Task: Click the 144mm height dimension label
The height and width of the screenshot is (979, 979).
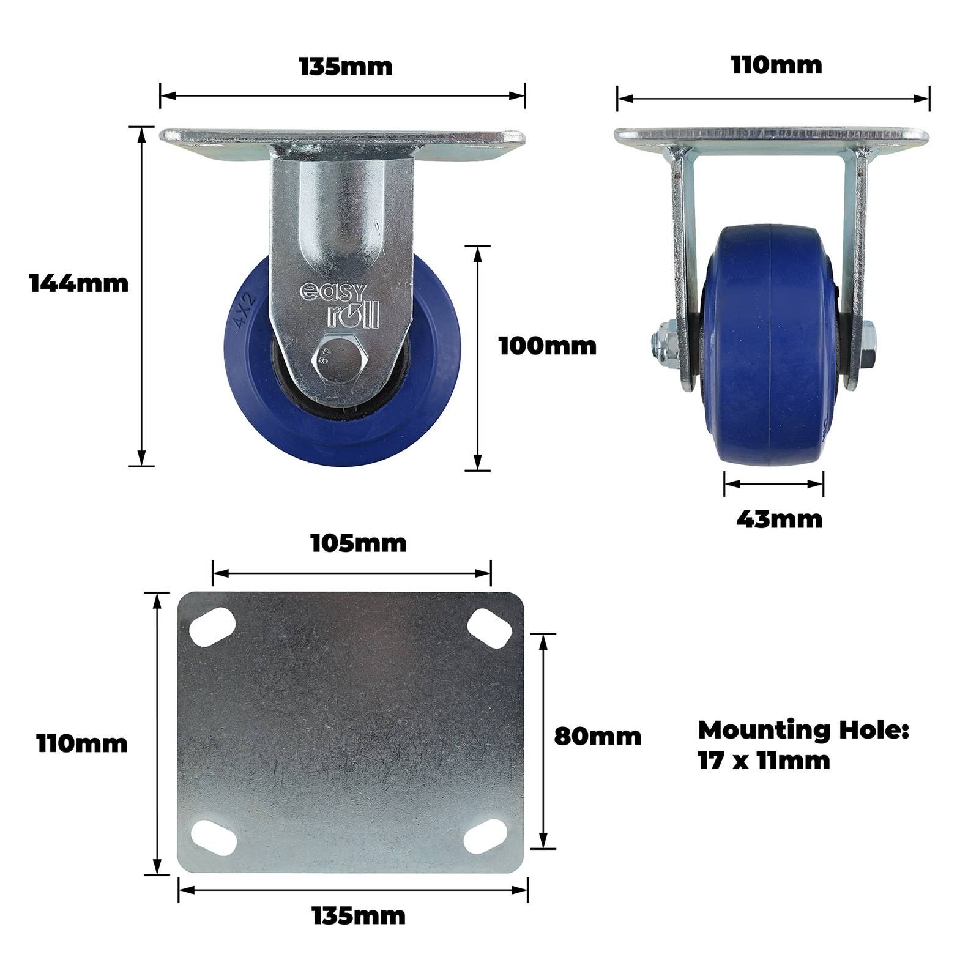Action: [x=79, y=283]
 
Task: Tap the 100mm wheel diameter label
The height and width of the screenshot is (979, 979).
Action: [x=548, y=346]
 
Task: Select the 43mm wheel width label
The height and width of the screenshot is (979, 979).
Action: [x=779, y=519]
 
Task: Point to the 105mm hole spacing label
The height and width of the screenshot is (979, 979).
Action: [x=359, y=543]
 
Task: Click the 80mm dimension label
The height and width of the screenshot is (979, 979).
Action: [x=598, y=736]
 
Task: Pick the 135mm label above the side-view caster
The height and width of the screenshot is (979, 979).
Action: [x=346, y=67]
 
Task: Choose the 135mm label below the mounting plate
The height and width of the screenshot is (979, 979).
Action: [x=359, y=916]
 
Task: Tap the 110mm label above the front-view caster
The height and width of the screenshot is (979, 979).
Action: [x=776, y=65]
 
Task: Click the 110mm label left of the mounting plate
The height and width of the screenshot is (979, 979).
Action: [x=82, y=744]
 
